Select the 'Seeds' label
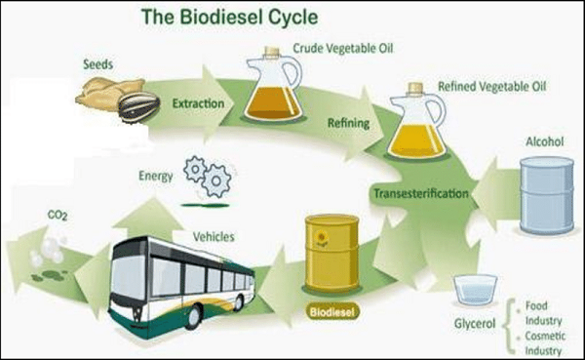coord(97,64)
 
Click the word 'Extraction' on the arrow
coord(200,102)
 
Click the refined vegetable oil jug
coord(414,126)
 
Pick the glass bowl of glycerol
coord(474,291)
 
